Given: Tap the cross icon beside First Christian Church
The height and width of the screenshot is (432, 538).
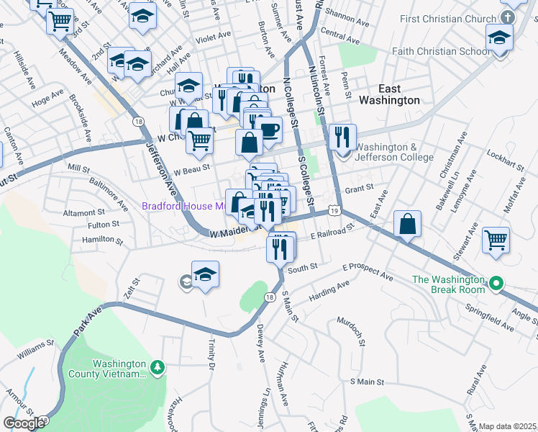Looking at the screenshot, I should coord(509,17).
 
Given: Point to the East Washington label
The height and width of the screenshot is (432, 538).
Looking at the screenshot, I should coord(389,94).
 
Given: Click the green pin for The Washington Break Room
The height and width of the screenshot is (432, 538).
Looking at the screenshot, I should coord(495,285).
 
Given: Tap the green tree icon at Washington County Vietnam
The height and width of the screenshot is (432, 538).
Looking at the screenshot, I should coord(158,369).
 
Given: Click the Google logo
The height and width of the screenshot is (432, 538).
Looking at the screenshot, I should coord(24,423).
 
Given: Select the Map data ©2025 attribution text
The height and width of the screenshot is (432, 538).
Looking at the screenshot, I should coord(507,426).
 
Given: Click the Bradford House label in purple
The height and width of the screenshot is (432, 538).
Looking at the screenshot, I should coord(183,206).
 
